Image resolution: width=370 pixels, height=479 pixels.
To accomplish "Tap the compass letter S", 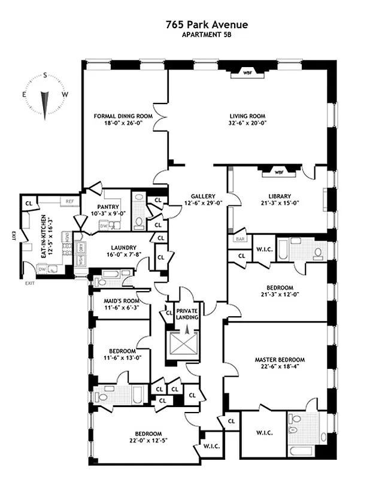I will click(45, 75).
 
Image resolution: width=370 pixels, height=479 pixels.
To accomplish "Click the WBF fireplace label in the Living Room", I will click(247, 74).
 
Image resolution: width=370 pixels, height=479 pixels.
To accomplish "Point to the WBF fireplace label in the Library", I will click(278, 172).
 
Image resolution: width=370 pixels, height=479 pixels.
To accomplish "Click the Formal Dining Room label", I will click(123, 116).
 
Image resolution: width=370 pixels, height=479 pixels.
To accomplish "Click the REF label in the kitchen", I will click(69, 202).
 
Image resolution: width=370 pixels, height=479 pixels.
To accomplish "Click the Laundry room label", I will click(124, 247).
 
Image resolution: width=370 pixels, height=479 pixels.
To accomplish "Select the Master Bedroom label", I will click(279, 360).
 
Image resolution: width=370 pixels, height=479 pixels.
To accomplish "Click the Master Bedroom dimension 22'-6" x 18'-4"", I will click(279, 368).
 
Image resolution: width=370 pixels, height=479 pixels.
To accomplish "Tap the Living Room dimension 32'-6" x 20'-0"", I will click(247, 123).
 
